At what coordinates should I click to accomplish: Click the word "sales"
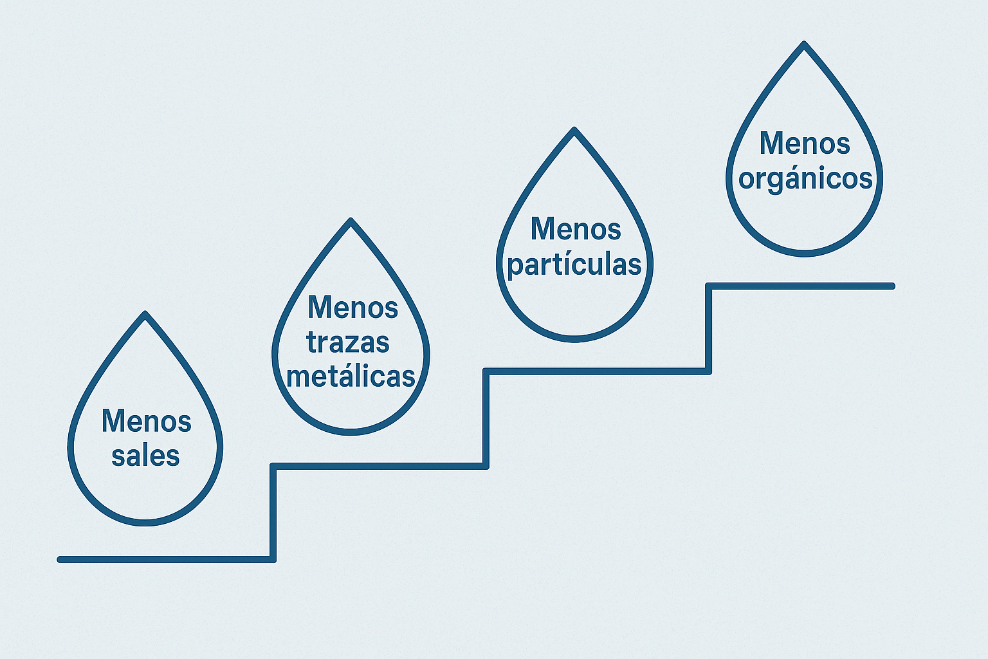click(145, 456)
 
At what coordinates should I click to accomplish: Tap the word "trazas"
click(348, 342)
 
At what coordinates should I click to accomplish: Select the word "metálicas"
click(351, 376)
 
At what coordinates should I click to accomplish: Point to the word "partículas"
click(574, 265)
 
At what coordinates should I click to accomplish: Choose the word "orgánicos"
click(805, 178)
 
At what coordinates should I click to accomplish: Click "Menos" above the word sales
click(147, 422)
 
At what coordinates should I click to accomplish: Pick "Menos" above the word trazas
click(353, 307)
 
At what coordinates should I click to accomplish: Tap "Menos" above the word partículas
click(576, 229)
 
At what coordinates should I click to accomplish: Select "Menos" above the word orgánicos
click(805, 143)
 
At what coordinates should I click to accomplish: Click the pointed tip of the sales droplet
click(145, 314)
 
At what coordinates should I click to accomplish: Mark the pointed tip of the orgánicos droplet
click(804, 44)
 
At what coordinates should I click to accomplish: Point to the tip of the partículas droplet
click(574, 130)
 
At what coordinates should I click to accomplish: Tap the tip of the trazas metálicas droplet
click(351, 221)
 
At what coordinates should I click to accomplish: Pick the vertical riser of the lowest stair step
click(273, 512)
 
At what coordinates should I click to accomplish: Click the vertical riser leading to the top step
click(708, 328)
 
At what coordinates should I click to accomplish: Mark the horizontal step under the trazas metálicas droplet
click(380, 465)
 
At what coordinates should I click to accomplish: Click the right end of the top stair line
click(892, 286)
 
